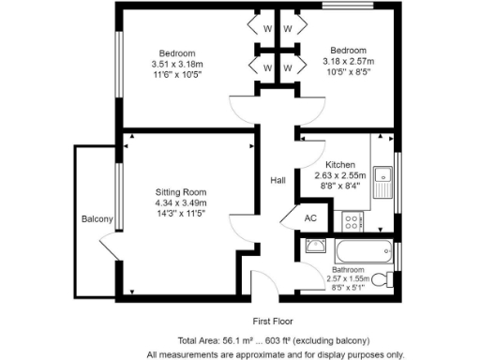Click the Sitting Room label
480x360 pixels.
[181, 191]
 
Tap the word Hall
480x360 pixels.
[278, 181]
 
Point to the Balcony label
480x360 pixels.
[97, 219]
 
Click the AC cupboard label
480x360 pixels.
[310, 217]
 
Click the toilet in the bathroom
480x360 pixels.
[381, 278]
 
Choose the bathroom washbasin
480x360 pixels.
[316, 247]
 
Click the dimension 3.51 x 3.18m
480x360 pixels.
[176, 63]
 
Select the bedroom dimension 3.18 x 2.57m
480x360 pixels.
[347, 62]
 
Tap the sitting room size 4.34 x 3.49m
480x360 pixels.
[181, 202]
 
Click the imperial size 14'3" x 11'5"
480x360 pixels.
[181, 214]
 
